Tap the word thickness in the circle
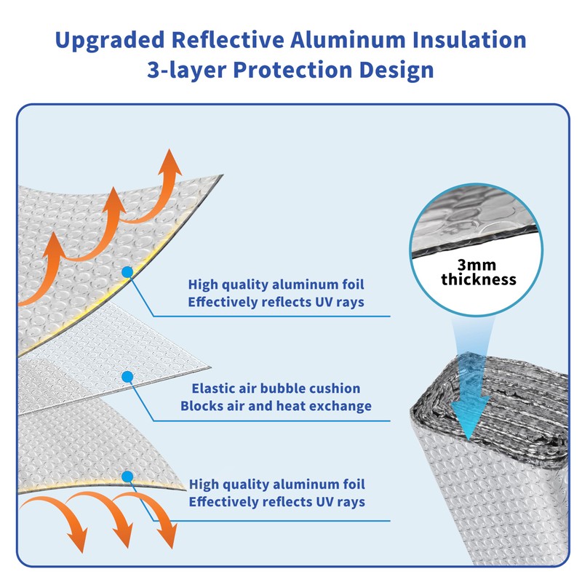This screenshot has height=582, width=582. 478,279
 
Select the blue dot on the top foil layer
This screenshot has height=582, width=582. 127,271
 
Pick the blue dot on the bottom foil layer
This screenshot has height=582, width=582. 128,477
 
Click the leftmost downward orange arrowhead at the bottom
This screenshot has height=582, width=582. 74,542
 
